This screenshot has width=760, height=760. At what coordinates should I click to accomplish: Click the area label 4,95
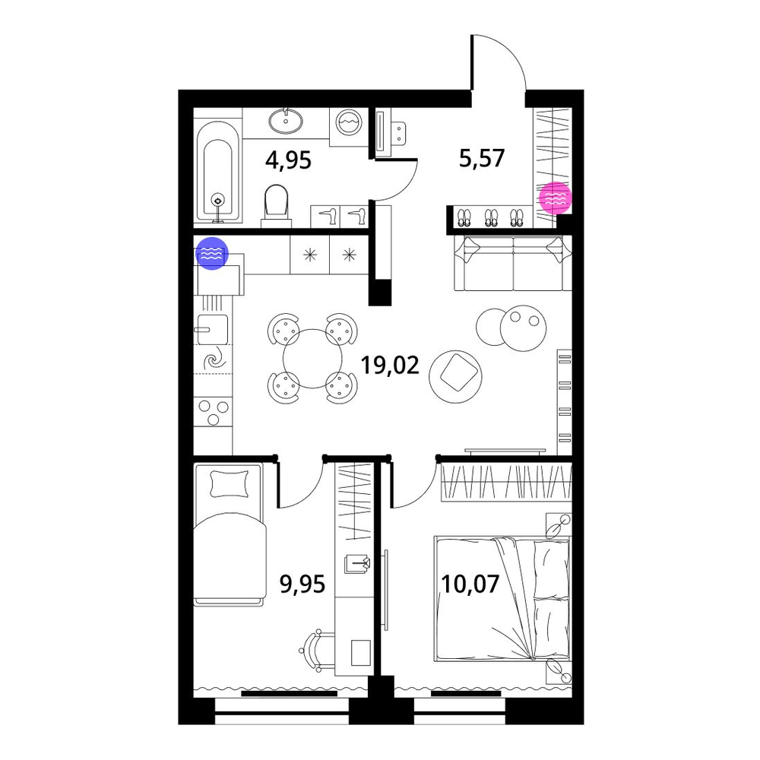pos(288,160)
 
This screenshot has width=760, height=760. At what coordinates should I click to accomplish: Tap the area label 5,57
pos(482,158)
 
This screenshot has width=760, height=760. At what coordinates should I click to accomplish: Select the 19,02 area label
pos(390,365)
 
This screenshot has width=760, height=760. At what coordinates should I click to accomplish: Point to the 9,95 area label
pos(302,584)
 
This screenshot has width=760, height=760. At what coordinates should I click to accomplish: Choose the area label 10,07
pos(470,584)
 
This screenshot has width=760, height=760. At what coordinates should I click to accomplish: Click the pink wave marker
pos(556,198)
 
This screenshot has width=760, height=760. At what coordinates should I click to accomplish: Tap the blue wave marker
pos(212,253)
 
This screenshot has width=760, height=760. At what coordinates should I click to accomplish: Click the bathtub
pos(218,172)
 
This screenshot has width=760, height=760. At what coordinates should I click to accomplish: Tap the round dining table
pos(312,359)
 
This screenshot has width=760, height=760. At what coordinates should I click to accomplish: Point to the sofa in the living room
pos(513,263)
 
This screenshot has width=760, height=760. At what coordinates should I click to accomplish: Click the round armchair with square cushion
pos(455,377)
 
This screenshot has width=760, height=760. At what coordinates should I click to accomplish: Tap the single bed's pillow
pos(230,483)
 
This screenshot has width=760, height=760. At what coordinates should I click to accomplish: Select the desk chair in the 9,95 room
pos(316,651)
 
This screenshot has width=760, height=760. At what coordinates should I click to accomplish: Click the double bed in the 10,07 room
pos(502,599)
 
